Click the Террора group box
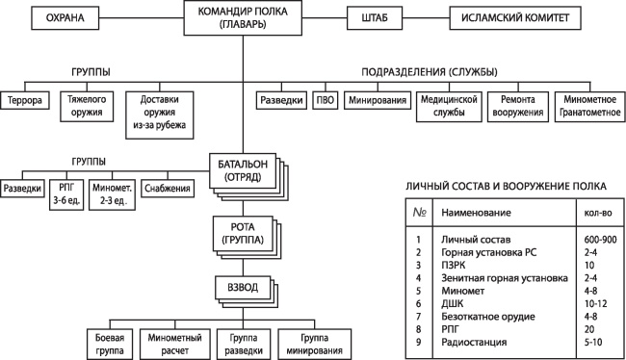(x=25, y=99)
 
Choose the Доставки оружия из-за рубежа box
(x=160, y=113)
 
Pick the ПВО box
(x=325, y=99)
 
